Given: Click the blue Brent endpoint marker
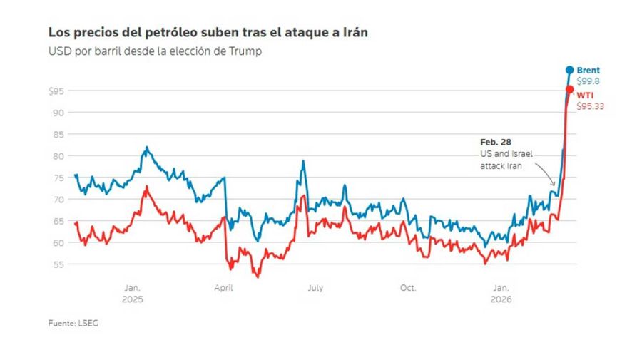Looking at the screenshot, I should [569, 70].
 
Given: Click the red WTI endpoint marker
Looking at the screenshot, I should [569, 90].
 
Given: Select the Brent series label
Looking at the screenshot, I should [588, 70].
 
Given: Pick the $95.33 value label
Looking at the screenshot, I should [590, 106].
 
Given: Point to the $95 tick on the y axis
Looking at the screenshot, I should [56, 91].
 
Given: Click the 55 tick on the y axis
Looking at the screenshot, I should [59, 264].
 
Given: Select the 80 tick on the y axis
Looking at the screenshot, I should [59, 155].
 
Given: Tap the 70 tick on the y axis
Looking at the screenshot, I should [59, 199].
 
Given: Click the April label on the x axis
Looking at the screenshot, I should [223, 288].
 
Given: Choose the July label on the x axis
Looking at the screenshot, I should [315, 288].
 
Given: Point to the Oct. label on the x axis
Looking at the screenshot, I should [407, 288].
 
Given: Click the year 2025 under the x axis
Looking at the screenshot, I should [133, 299].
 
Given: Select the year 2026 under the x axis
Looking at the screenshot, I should [501, 299].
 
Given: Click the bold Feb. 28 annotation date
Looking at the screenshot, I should [495, 143].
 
